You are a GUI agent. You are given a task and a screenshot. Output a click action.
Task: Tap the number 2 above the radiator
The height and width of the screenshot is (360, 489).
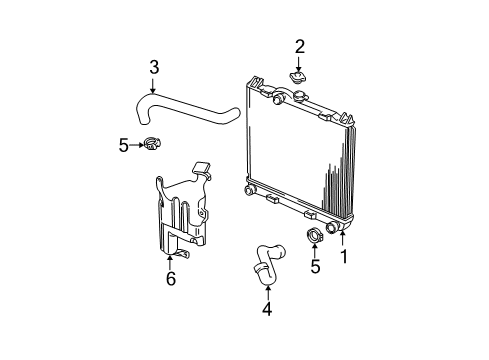[x=299, y=45]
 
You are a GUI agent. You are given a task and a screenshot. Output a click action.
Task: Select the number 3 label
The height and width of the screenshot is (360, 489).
[x=154, y=67]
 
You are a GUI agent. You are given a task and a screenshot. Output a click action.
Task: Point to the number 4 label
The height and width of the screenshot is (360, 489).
[x=267, y=309]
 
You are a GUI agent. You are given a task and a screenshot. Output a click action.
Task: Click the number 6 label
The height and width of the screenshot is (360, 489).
[x=170, y=278]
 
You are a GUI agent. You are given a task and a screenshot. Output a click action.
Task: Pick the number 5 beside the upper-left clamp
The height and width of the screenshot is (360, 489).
[x=124, y=145]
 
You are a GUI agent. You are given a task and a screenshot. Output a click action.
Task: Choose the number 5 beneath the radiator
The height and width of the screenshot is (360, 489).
[x=315, y=266]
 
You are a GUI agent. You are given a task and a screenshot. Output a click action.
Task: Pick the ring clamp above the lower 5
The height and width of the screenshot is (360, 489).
[x=313, y=238]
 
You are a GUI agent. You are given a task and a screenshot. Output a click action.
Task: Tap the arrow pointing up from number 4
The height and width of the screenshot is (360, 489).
[x=267, y=291]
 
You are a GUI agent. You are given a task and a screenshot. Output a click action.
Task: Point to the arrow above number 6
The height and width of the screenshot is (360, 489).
[x=170, y=260]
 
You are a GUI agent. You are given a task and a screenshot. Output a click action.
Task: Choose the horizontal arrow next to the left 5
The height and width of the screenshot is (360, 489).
[x=137, y=145]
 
